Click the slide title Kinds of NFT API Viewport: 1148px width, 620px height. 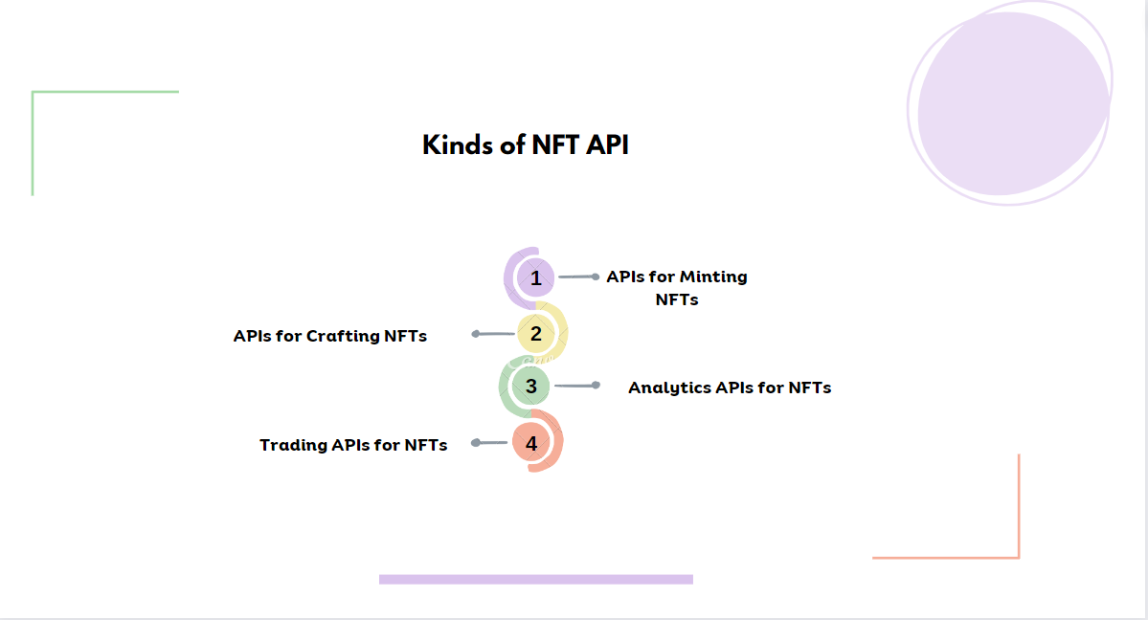click(526, 145)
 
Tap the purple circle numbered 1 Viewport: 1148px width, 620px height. click(536, 278)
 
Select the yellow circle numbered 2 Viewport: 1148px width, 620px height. click(536, 334)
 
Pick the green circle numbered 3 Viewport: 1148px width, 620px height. click(531, 387)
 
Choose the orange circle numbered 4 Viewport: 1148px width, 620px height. click(531, 443)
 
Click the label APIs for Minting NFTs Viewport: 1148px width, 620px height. click(677, 288)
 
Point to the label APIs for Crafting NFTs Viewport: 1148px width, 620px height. click(330, 336)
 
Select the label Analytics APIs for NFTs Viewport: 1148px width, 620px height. click(730, 387)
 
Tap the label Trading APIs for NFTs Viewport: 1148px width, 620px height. click(353, 445)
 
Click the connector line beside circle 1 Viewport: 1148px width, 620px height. click(578, 277)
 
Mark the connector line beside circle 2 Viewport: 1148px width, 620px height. click(495, 334)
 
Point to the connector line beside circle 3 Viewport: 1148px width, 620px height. click(576, 386)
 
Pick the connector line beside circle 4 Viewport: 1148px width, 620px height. click(490, 443)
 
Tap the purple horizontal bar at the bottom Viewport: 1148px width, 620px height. click(535, 579)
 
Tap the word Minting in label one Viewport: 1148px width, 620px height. click(712, 277)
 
